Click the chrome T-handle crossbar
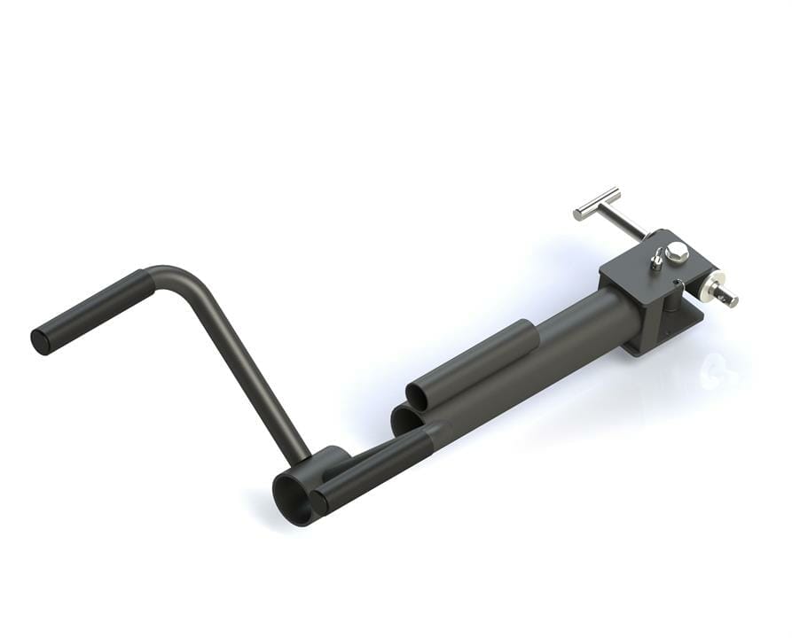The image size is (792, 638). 596,203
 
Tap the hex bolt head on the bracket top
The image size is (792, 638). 676,252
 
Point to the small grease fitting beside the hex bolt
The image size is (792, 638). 656,258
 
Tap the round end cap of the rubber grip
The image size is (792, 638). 40,342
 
